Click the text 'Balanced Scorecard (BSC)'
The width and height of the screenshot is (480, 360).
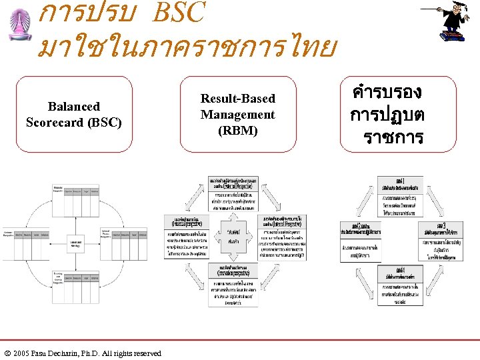click(x=74, y=114)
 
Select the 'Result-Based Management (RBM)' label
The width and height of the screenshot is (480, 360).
click(x=238, y=114)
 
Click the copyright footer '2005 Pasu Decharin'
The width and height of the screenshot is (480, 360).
click(x=83, y=353)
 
